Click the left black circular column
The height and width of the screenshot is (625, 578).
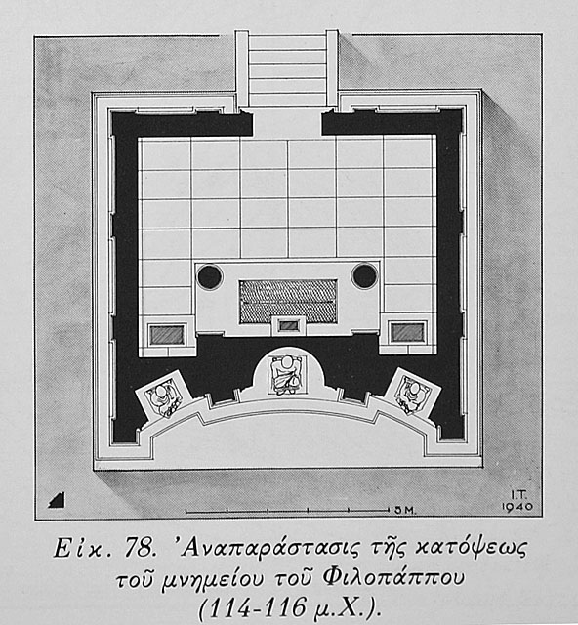click(210, 276)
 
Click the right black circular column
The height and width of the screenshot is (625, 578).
click(364, 275)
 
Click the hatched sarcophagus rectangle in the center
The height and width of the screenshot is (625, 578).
click(288, 301)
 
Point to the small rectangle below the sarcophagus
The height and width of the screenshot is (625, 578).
click(289, 325)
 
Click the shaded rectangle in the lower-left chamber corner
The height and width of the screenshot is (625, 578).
click(167, 335)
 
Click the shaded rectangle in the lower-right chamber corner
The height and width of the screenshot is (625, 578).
click(407, 332)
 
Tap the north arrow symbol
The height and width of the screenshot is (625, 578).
click(57, 500)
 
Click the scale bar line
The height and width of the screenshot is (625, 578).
click(287, 510)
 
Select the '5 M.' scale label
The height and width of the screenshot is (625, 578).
click(405, 510)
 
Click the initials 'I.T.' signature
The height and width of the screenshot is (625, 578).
click(519, 495)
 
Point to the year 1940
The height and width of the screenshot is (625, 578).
click(517, 507)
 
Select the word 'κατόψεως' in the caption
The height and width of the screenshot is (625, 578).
click(472, 549)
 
